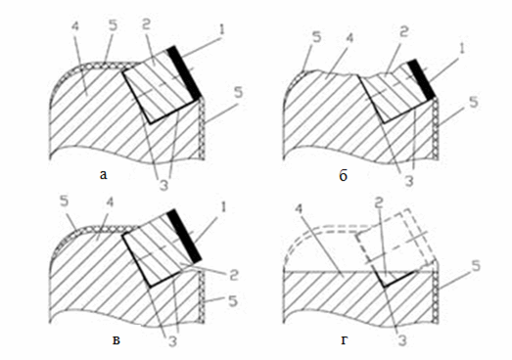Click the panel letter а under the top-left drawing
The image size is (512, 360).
[103, 175]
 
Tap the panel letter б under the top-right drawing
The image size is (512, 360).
[343, 175]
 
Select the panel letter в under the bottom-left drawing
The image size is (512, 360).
[116, 340]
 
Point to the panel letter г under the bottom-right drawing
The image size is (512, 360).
[345, 340]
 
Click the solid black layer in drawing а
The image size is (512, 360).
[184, 72]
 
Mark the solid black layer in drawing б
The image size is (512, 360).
[422, 78]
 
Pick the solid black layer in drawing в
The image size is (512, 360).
[184, 236]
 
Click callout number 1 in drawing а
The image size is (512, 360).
[221, 29]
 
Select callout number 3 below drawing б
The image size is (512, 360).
[409, 181]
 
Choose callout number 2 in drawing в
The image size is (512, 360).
[233, 275]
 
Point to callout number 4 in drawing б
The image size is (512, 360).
[349, 38]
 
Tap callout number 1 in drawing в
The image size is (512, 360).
[222, 207]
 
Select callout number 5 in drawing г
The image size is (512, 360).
[476, 266]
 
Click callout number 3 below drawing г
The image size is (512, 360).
[402, 340]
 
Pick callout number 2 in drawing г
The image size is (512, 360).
[378, 204]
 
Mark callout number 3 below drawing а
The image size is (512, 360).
[163, 185]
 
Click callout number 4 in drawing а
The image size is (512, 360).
[74, 26]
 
